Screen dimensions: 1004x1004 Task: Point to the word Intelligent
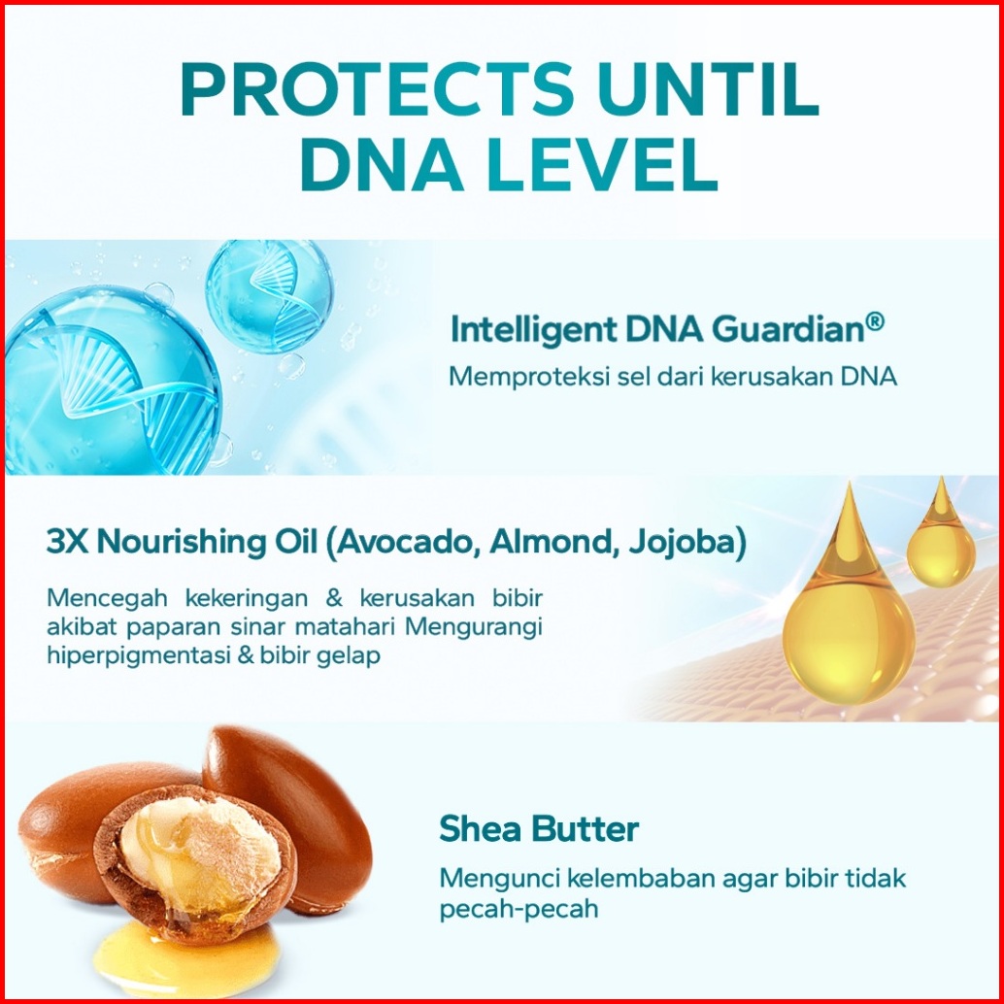(x=534, y=331)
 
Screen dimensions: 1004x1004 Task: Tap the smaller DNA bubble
(x=269, y=296)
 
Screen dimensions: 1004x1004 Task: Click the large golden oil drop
(x=848, y=611)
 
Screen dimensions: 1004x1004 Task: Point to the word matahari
(x=343, y=626)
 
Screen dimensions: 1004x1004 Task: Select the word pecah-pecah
(x=519, y=909)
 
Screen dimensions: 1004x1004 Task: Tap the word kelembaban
(x=641, y=878)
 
